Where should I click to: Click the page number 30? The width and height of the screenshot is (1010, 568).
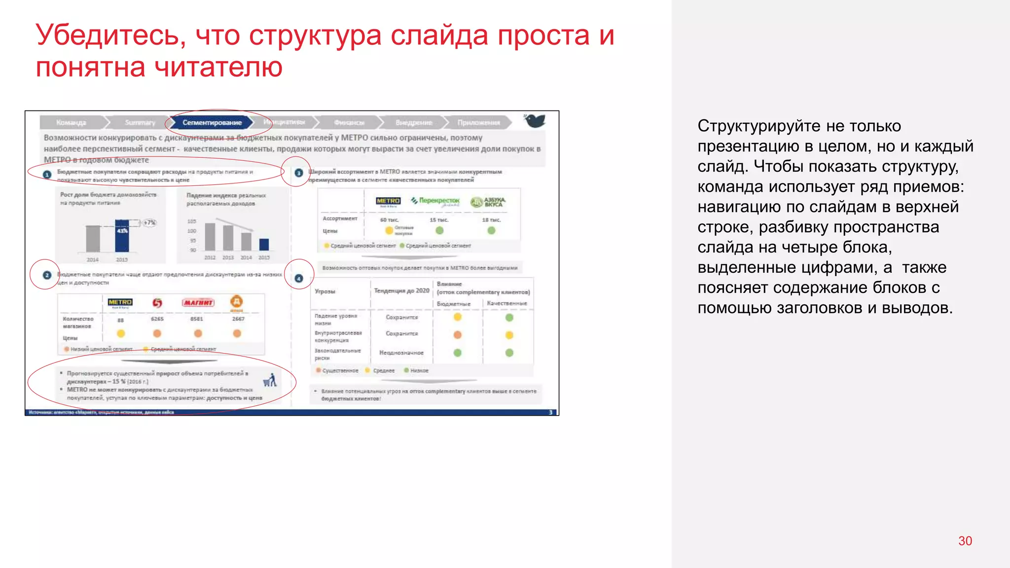965,541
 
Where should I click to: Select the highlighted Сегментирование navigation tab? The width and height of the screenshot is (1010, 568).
212,122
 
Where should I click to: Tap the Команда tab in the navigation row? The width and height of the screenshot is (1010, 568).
71,122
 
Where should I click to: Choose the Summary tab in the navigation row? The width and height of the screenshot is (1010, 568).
140,122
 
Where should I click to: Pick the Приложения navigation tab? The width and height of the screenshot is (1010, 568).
478,122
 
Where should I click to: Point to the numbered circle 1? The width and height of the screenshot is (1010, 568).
47,175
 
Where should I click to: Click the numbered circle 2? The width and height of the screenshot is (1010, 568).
47,275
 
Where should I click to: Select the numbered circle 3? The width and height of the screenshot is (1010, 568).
298,173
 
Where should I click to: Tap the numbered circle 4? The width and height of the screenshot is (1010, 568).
299,279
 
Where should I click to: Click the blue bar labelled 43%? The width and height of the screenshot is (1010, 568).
122,236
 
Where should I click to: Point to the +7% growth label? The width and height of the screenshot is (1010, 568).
149,223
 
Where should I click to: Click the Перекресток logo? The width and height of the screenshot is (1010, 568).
435,201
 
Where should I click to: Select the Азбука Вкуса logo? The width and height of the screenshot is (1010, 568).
488,202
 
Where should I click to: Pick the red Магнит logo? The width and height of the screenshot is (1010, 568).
198,302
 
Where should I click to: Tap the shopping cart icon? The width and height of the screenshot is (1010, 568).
270,380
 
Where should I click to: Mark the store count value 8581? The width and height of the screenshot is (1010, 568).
197,319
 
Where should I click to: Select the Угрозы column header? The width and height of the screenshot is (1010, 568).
325,291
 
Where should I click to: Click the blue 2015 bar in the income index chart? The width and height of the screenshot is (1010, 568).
264,244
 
